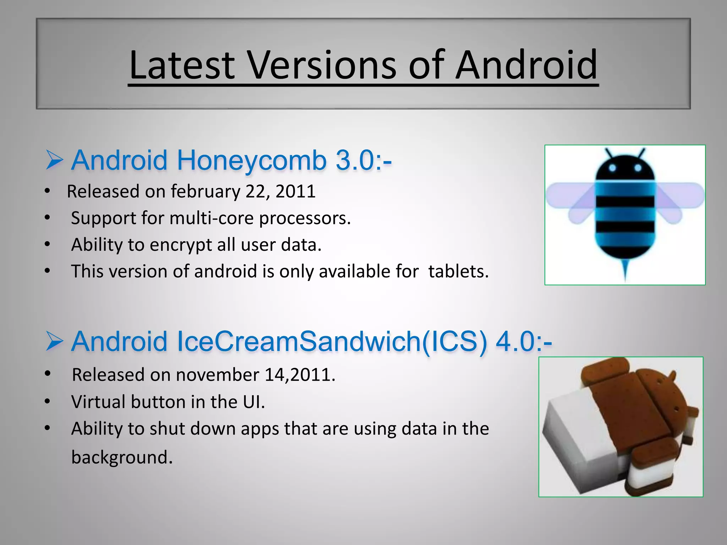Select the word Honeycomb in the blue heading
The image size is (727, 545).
pos(251,160)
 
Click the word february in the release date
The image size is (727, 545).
pos(205,192)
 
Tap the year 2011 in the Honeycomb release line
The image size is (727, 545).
pos(295,192)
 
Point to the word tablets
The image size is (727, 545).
pos(458,271)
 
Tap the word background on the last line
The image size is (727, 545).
pos(122,457)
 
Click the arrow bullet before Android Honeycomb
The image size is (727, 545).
pos(54,160)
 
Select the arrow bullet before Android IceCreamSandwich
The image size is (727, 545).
pos(54,341)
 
